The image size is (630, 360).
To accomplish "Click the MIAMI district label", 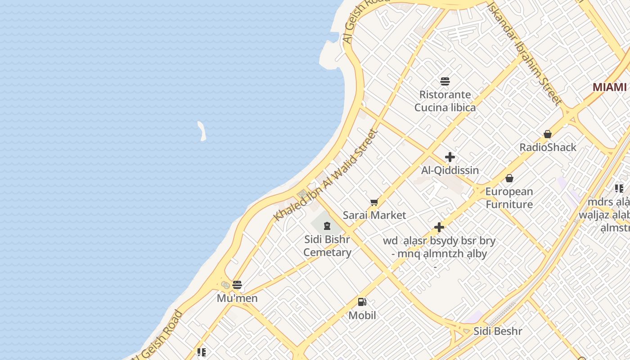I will [609, 87].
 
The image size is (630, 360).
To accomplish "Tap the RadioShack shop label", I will [548, 147].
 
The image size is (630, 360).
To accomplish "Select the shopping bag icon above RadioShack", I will [548, 134].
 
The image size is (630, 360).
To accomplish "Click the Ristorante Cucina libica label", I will [445, 101].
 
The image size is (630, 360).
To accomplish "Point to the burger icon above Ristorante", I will [445, 81].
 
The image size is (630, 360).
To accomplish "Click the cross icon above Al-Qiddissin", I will [450, 157].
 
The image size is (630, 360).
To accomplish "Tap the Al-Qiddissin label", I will [450, 171].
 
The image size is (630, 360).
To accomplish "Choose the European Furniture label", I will [509, 198].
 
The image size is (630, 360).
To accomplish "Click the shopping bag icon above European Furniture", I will [509, 179].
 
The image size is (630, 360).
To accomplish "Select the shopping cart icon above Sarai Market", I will [374, 202].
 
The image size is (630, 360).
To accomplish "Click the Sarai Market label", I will [374, 215].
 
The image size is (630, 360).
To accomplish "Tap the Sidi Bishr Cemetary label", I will [327, 246].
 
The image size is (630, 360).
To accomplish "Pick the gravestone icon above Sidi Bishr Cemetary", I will [327, 225].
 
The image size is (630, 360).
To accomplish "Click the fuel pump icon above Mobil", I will [362, 302].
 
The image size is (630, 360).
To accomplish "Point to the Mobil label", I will [362, 315].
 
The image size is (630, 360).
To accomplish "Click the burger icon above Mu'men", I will [237, 285].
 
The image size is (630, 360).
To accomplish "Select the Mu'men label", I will [237, 298].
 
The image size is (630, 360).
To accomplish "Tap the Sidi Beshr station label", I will [498, 332].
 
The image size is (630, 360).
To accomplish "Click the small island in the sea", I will [202, 131].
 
